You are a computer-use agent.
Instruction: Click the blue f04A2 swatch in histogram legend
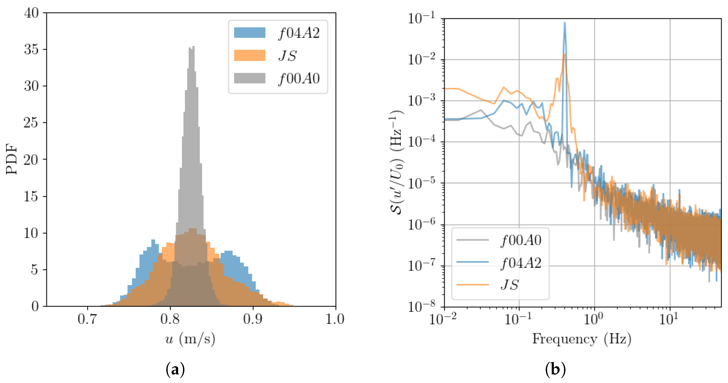[250, 33]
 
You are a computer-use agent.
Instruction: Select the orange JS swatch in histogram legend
[250, 55]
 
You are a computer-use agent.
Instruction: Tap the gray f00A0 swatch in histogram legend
[250, 78]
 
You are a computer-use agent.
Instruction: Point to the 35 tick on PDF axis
[31, 49]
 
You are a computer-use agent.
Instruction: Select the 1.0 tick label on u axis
[335, 319]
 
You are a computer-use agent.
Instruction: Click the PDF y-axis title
[12, 159]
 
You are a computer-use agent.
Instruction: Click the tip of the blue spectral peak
[565, 23]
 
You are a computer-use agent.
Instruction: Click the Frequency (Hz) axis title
[582, 339]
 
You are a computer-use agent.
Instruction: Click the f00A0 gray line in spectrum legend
[473, 240]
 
